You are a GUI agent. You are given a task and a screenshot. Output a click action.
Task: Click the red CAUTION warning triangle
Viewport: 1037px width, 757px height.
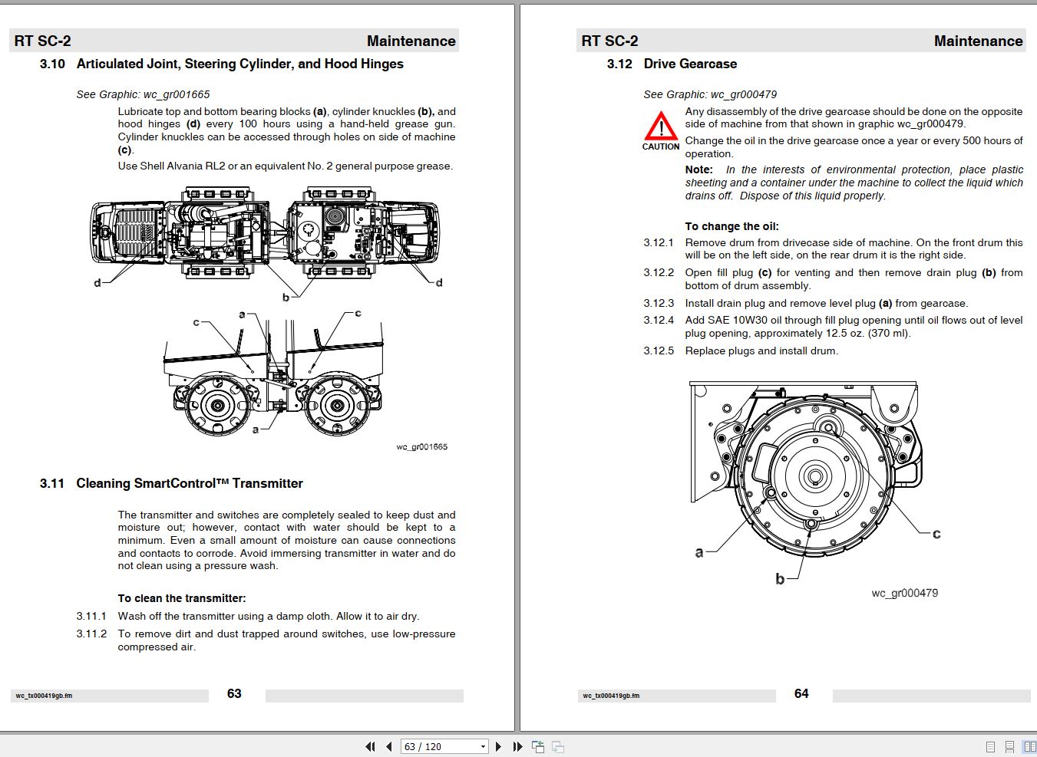pyautogui.click(x=660, y=126)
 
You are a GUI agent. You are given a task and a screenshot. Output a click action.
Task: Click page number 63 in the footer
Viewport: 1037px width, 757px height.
pyautogui.click(x=234, y=693)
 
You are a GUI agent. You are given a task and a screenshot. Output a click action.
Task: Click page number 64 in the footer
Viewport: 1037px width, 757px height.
pyautogui.click(x=801, y=693)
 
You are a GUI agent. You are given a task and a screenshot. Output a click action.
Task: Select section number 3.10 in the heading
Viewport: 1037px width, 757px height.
pyautogui.click(x=52, y=64)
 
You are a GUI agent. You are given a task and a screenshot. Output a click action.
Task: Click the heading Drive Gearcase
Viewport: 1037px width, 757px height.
pyautogui.click(x=690, y=64)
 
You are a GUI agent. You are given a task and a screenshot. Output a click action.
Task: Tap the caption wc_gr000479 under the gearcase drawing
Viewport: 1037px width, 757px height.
pyautogui.click(x=904, y=593)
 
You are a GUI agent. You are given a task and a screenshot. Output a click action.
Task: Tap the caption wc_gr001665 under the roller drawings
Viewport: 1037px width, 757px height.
pyautogui.click(x=421, y=446)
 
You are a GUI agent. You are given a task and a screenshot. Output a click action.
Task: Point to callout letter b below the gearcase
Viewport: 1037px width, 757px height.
pyautogui.click(x=780, y=579)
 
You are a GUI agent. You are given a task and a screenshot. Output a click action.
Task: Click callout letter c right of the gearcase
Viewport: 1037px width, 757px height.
pyautogui.click(x=936, y=534)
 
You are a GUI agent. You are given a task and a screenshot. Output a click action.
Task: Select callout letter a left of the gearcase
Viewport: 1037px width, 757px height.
pyautogui.click(x=698, y=552)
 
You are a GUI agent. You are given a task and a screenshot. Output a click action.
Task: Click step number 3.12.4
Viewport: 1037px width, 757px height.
pyautogui.click(x=658, y=320)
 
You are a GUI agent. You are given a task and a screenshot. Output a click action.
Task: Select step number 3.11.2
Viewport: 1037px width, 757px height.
pyautogui.click(x=91, y=634)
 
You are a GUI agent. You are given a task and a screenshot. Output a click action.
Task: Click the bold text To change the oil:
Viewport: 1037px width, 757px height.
pyautogui.click(x=732, y=226)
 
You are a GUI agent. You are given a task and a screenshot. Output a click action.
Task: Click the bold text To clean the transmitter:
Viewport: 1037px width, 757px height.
pyautogui.click(x=182, y=598)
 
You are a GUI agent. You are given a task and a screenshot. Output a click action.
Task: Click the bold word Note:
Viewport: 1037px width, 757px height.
pyautogui.click(x=698, y=170)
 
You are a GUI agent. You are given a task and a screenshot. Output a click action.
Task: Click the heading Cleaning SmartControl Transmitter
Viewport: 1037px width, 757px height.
pyautogui.click(x=190, y=483)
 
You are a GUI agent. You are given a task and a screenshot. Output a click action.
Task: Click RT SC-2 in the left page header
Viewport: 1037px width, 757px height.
pyautogui.click(x=42, y=41)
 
